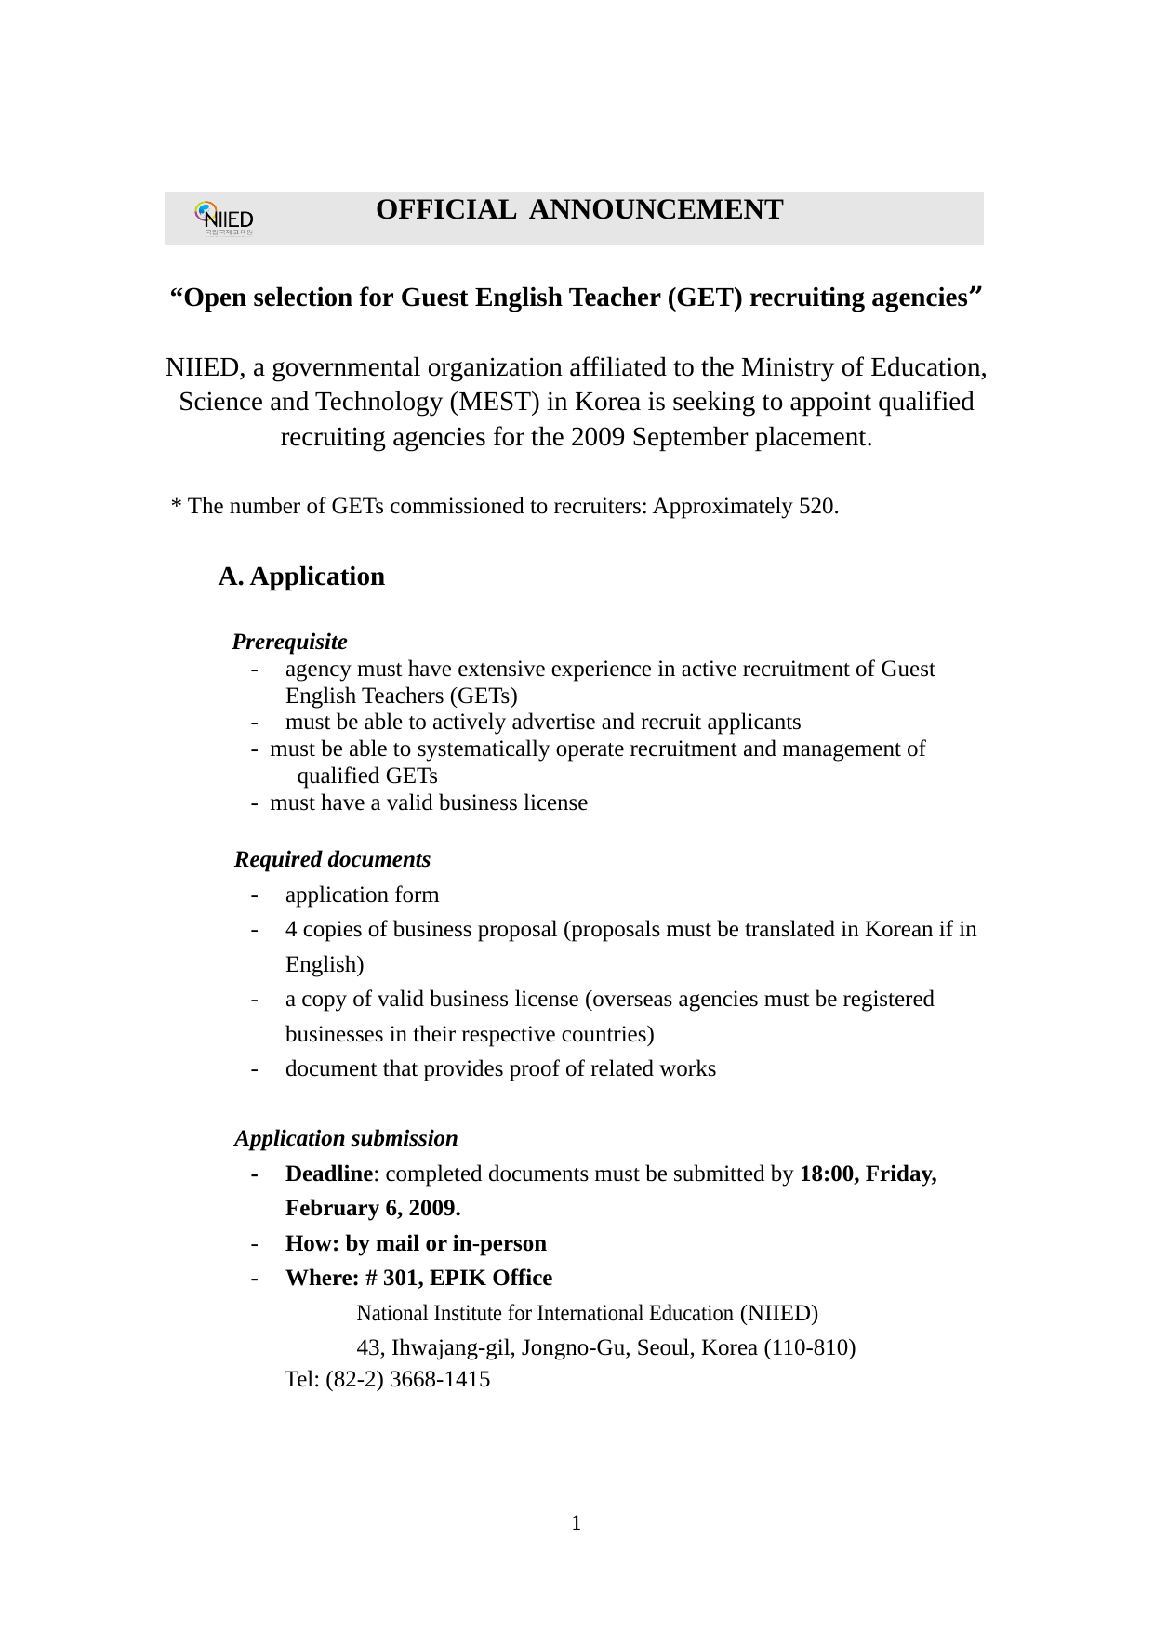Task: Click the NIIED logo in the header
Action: tap(225, 219)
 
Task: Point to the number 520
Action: tap(817, 507)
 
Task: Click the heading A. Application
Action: tap(301, 577)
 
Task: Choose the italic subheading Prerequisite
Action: tap(289, 643)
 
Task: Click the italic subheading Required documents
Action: tap(332, 860)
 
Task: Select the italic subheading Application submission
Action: tap(346, 1139)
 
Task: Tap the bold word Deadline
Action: tap(328, 1174)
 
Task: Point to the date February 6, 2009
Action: tap(373, 1209)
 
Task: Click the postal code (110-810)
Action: tap(809, 1348)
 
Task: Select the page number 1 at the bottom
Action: tap(577, 1523)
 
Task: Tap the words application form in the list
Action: tap(362, 895)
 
